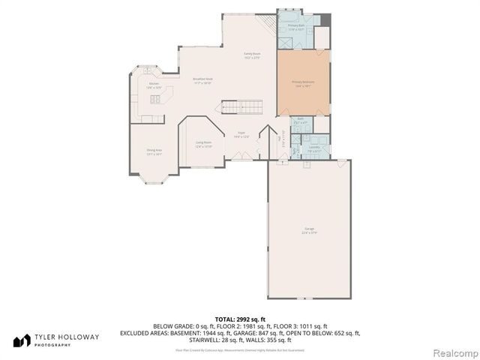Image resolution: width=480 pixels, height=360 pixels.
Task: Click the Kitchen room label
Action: coord(154,85)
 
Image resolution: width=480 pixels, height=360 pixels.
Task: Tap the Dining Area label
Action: coord(154,151)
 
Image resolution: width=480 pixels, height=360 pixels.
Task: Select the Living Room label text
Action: coord(203,144)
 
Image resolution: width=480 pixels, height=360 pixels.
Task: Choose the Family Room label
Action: coord(251,55)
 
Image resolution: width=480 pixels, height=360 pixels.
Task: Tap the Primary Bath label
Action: coord(297,28)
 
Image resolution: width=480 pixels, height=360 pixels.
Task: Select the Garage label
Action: coord(309,229)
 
